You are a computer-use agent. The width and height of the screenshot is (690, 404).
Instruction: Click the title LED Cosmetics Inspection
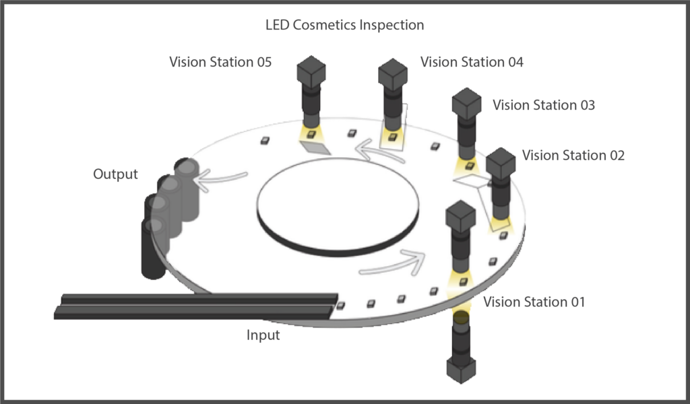pyautogui.click(x=344, y=25)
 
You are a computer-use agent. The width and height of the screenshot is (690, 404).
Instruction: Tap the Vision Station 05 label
pyautogui.click(x=220, y=62)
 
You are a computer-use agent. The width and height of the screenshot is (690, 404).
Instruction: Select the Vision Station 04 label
pyautogui.click(x=472, y=62)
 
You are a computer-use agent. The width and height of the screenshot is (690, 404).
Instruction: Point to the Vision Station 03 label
pyautogui.click(x=544, y=105)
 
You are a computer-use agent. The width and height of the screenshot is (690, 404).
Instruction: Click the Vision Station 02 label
pyautogui.click(x=573, y=155)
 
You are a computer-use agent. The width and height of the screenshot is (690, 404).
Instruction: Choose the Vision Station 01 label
pyautogui.click(x=534, y=302)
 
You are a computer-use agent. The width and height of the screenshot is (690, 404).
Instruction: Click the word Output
pyautogui.click(x=115, y=174)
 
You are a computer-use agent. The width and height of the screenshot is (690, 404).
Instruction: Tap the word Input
pyautogui.click(x=263, y=335)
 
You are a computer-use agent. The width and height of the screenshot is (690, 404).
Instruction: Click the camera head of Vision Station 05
pyautogui.click(x=311, y=71)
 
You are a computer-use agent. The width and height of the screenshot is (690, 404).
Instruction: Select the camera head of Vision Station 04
pyautogui.click(x=393, y=74)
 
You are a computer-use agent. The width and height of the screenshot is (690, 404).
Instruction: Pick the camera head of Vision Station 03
pyautogui.click(x=466, y=104)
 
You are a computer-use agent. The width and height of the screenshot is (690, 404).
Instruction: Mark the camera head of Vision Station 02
pyautogui.click(x=501, y=164)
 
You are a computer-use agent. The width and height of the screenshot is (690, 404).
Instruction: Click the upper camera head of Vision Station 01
pyautogui.click(x=461, y=217)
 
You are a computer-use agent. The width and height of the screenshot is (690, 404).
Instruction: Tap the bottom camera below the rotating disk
pyautogui.click(x=461, y=347)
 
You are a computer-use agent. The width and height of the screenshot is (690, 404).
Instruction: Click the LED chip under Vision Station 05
pyautogui.click(x=311, y=135)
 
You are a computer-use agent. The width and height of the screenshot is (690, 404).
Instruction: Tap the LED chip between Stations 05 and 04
pyautogui.click(x=352, y=133)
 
